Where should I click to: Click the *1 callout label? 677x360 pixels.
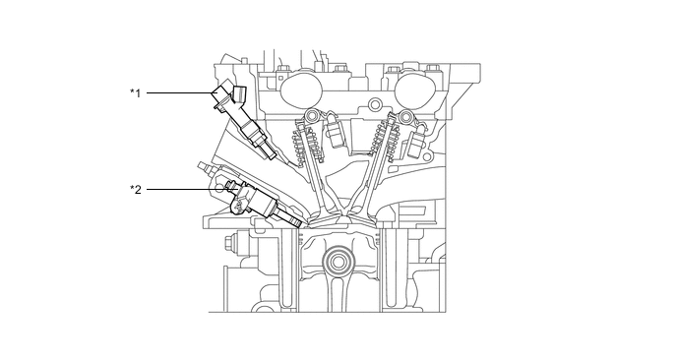(136, 92)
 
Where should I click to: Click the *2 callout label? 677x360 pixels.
(136, 188)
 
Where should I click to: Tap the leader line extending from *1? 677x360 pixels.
(178, 92)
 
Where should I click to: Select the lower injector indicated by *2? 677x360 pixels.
(256, 201)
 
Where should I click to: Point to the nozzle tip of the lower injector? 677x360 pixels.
(294, 221)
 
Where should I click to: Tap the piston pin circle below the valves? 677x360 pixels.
(340, 263)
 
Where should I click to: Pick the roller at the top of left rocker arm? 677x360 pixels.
(312, 118)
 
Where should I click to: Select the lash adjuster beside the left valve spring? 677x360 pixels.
(335, 133)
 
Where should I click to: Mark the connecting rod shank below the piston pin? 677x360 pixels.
(340, 295)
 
